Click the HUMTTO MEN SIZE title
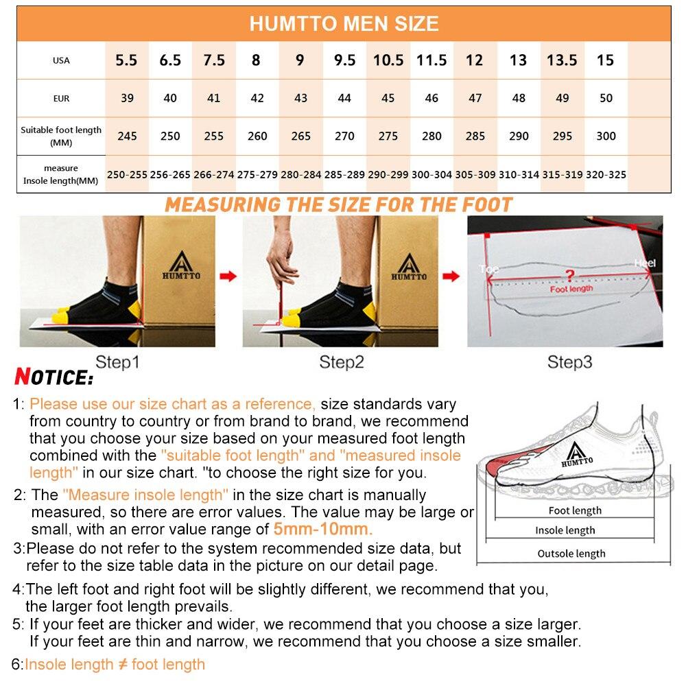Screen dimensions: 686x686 click(x=343, y=23)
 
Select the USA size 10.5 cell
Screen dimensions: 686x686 click(x=388, y=60)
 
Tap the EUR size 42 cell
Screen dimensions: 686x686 click(x=257, y=98)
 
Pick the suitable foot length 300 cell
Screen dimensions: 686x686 click(x=606, y=136)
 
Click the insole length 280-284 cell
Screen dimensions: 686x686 click(x=301, y=175)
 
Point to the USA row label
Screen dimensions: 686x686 click(x=61, y=60)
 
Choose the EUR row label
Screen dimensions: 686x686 click(x=61, y=98)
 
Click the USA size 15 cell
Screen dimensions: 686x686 click(x=606, y=60)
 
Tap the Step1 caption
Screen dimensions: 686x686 click(x=117, y=362)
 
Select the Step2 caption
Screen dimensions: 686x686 click(x=341, y=362)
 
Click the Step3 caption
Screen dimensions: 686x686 click(x=569, y=362)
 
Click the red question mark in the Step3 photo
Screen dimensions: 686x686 click(x=568, y=276)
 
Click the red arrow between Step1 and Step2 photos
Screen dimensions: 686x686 click(x=228, y=276)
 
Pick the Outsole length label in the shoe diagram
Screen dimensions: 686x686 click(x=571, y=554)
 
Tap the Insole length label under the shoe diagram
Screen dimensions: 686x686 click(x=565, y=530)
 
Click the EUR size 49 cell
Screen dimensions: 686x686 click(x=563, y=98)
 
